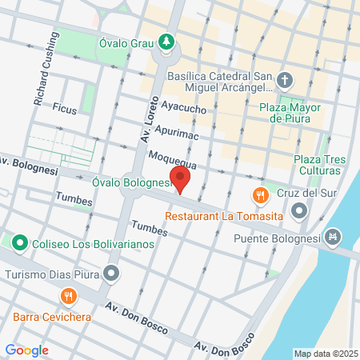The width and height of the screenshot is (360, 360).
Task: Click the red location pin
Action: (180, 179)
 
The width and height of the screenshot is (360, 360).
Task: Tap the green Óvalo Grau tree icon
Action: (166, 41)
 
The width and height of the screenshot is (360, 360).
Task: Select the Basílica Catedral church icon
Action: (286, 79)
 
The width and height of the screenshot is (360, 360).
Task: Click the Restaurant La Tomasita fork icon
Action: (260, 196)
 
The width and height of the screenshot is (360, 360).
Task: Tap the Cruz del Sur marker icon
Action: (300, 211)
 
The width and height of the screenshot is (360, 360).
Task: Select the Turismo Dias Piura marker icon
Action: (111, 274)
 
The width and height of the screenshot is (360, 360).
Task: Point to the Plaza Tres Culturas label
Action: (320, 165)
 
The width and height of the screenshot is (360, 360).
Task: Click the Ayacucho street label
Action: (184, 106)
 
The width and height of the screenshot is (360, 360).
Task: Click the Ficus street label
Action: (64, 106)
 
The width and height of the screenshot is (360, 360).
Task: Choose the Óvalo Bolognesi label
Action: (133, 183)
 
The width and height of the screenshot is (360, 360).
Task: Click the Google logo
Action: (26, 350)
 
